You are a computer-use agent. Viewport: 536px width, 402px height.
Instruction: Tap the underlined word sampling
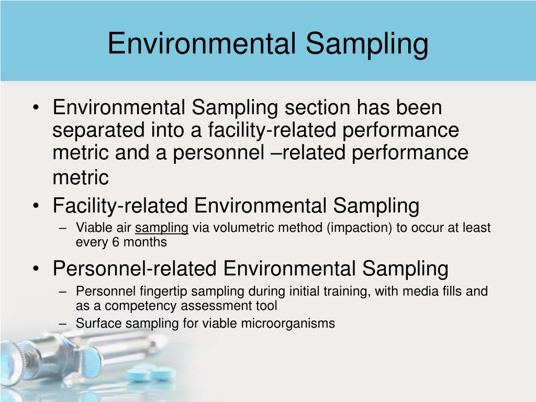[162, 228]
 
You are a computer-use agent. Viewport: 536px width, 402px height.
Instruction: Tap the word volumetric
[232, 228]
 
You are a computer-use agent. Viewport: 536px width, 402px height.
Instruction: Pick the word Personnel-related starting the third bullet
[135, 269]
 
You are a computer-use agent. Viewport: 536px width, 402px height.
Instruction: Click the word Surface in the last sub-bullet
[94, 323]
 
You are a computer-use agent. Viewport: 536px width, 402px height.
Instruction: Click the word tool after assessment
[267, 306]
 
